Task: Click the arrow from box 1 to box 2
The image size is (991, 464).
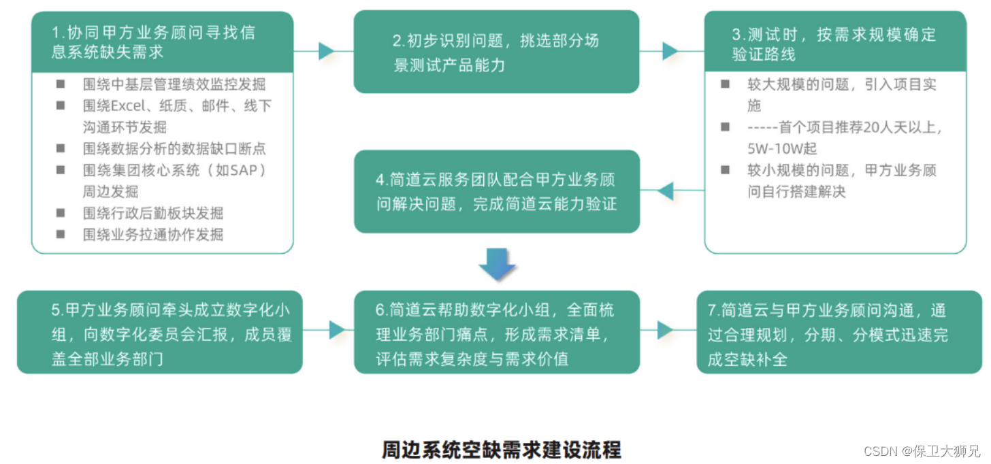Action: (325, 51)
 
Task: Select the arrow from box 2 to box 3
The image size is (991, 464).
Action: (670, 51)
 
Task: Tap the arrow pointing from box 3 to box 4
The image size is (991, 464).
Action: (665, 191)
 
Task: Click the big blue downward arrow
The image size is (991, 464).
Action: (497, 263)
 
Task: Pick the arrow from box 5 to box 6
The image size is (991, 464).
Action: (336, 331)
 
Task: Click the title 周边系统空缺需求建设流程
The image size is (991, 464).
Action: (501, 450)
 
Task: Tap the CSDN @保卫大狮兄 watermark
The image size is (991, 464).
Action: (922, 451)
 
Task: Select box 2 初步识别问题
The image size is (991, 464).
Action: (496, 52)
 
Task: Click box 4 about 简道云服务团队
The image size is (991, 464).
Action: (497, 192)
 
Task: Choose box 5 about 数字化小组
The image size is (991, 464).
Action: (159, 332)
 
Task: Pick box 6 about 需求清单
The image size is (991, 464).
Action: (497, 332)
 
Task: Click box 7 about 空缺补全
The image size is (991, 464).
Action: (839, 332)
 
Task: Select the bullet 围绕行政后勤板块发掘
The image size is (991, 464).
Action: (153, 213)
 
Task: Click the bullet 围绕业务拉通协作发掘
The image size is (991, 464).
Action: (153, 235)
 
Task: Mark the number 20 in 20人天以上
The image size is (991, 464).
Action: (872, 127)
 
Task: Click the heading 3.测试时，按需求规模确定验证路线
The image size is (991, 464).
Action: (834, 44)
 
